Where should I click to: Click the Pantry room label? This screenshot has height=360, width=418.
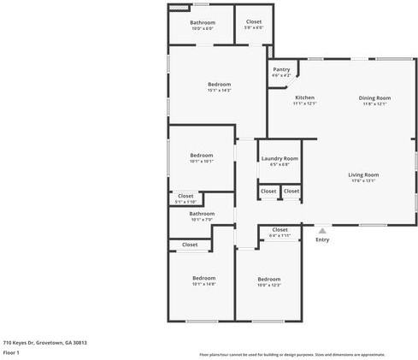pyautogui.click(x=281, y=69)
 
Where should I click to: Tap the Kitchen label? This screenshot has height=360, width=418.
pyautogui.click(x=305, y=97)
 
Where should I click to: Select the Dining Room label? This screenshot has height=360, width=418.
pyautogui.click(x=374, y=97)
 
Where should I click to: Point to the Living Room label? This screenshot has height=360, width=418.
pyautogui.click(x=363, y=174)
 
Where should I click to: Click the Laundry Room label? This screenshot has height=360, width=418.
pyautogui.click(x=280, y=158)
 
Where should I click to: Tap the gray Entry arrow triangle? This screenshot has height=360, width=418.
pyautogui.click(x=322, y=230)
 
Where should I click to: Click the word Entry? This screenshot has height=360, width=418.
pyautogui.click(x=322, y=239)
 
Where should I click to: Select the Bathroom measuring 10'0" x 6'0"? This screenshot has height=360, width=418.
pyautogui.click(x=203, y=22)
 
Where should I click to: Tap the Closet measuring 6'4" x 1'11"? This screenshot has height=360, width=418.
pyautogui.click(x=280, y=229)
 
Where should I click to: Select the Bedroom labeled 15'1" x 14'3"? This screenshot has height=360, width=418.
pyautogui.click(x=219, y=84)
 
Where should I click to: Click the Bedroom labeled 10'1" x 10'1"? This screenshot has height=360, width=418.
pyautogui.click(x=202, y=155)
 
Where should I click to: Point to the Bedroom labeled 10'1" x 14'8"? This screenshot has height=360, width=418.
pyautogui.click(x=203, y=278)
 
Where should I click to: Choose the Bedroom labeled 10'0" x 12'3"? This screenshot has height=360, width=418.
pyautogui.click(x=269, y=279)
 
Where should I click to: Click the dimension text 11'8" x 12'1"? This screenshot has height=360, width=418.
pyautogui.click(x=374, y=104)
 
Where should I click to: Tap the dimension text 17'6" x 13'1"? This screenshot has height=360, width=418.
pyautogui.click(x=363, y=181)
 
